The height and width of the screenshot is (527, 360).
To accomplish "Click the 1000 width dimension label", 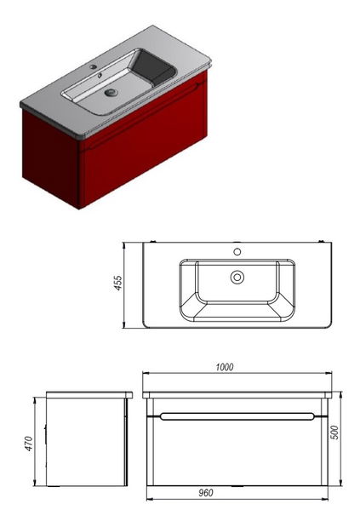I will pos(225,368).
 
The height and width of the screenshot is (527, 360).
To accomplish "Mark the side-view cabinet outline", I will pos(85,443).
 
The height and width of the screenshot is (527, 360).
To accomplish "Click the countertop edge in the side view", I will pos(89,395).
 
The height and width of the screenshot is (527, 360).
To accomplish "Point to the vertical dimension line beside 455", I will pos(127,285).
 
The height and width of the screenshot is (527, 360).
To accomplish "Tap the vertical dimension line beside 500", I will pos(342,443).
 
